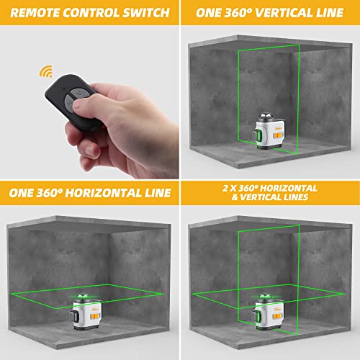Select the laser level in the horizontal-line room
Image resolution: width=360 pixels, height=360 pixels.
pyautogui.click(x=90, y=310)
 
